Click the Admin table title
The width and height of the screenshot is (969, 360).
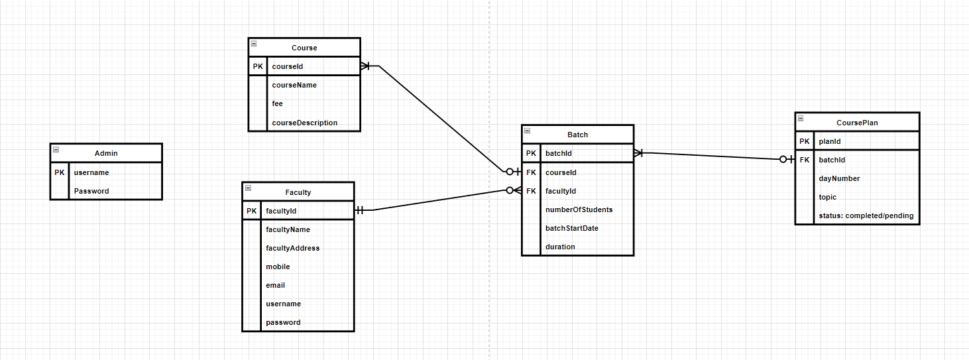[x=106, y=153]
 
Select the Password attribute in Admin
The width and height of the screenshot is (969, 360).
[x=91, y=191]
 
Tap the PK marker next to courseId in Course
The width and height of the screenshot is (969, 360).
[x=258, y=66]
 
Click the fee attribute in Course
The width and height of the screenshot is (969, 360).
[x=277, y=103]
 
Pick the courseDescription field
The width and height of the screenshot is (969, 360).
[x=304, y=123]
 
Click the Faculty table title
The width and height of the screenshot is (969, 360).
[x=298, y=192]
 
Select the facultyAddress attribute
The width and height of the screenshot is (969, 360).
[x=292, y=248]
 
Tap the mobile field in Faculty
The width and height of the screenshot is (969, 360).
[x=278, y=267]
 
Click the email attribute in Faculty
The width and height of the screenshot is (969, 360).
[x=275, y=285]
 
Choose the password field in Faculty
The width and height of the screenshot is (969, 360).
[x=283, y=322]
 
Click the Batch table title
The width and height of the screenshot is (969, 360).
[x=577, y=135]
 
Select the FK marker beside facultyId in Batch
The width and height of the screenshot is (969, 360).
[x=531, y=191]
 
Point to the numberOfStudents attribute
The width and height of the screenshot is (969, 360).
[x=579, y=210]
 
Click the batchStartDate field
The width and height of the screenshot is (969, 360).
[x=571, y=228]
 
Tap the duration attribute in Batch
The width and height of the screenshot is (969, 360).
[x=560, y=247]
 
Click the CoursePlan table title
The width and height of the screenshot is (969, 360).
[x=857, y=123]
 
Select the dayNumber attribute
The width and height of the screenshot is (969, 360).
[x=839, y=178]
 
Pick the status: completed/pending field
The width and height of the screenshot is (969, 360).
[x=866, y=215]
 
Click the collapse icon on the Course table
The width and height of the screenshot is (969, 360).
[x=254, y=44]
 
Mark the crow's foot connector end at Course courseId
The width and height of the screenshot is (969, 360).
[x=365, y=66]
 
